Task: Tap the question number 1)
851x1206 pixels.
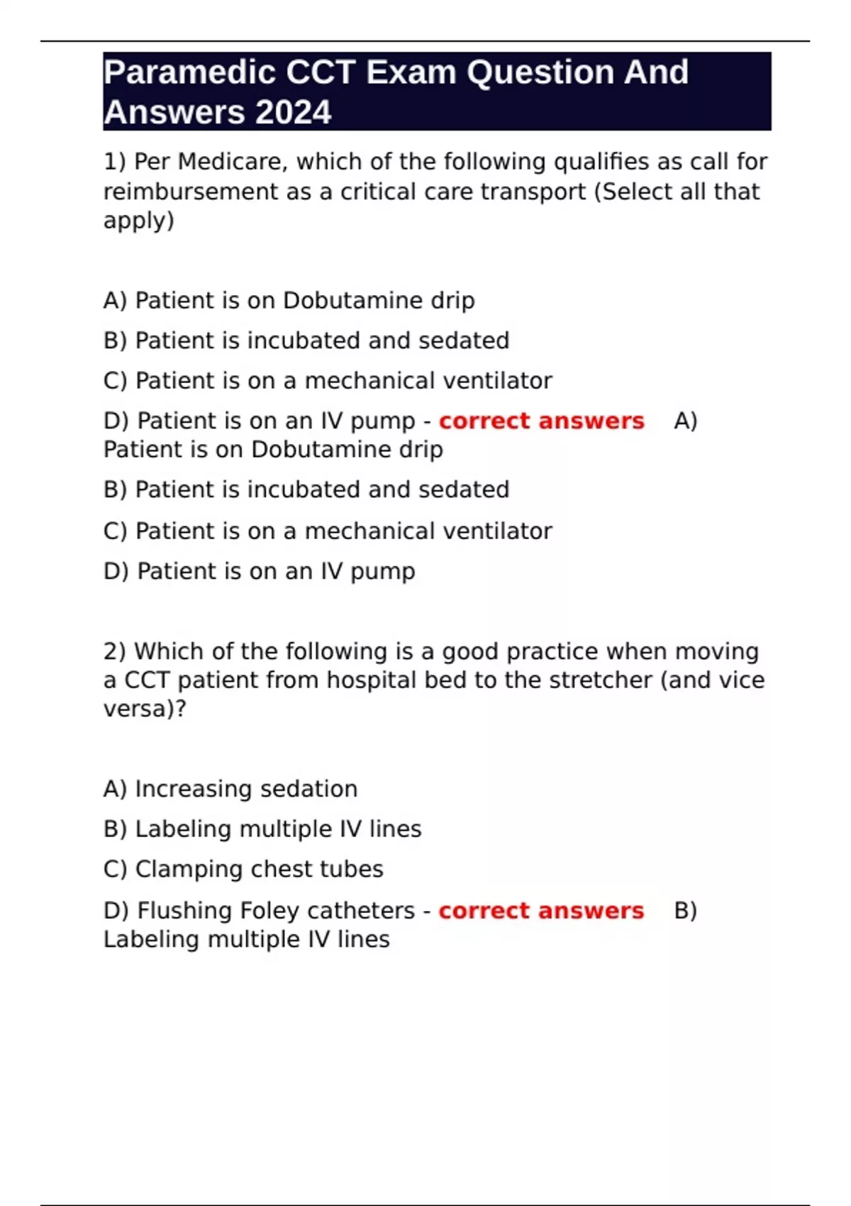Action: tap(115, 162)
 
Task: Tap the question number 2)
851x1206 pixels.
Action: tap(115, 651)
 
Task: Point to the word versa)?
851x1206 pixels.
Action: tap(145, 709)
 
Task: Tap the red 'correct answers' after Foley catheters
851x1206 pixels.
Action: tap(541, 911)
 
